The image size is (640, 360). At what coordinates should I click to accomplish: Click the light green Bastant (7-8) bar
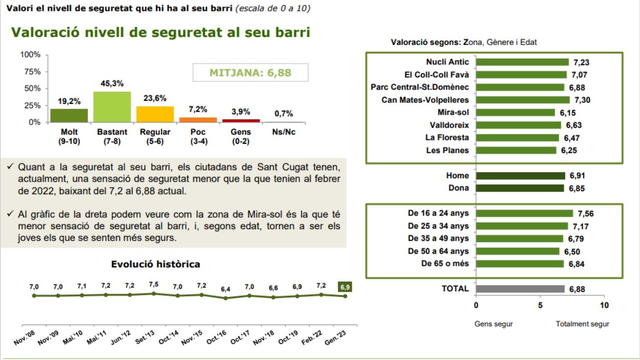[112, 107]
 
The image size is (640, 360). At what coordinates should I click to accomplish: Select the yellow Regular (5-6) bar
[155, 114]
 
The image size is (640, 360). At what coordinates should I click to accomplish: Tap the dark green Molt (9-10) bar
[69, 115]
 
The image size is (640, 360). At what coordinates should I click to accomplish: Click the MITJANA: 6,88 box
[250, 73]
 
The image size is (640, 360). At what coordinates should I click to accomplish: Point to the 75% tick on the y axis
[30, 72]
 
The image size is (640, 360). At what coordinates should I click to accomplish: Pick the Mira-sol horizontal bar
[515, 112]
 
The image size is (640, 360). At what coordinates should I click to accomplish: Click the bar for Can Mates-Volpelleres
[522, 100]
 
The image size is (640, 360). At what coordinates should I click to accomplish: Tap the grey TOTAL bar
[520, 289]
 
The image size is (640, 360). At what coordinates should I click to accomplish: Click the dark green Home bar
[520, 176]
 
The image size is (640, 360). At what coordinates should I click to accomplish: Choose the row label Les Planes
[447, 150]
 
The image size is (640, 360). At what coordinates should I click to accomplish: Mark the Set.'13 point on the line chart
[154, 293]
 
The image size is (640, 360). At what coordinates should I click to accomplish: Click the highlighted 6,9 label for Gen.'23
[345, 287]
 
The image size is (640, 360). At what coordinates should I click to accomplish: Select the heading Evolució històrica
[156, 264]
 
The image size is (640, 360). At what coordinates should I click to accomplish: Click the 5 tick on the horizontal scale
[540, 305]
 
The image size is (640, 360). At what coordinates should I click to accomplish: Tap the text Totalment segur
[583, 324]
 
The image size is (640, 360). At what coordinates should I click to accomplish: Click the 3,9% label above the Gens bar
[240, 112]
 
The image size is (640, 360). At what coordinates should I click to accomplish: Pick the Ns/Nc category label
[283, 132]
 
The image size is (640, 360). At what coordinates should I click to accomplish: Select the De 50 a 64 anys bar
[518, 251]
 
